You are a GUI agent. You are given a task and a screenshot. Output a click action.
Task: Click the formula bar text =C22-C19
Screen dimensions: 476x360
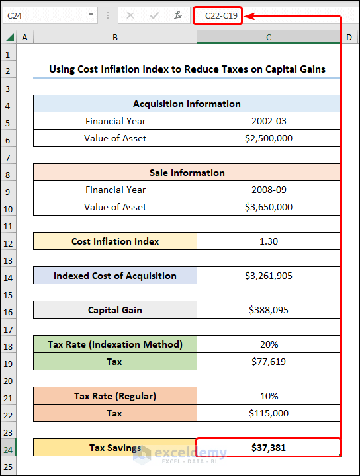218,15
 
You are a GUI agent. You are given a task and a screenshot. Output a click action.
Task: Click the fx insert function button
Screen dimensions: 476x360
178,15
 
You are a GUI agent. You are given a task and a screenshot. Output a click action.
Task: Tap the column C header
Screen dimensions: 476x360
269,38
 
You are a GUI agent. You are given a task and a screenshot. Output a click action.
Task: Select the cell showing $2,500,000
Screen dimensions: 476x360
269,138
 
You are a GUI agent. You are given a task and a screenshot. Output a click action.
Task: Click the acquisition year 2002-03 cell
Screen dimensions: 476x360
269,121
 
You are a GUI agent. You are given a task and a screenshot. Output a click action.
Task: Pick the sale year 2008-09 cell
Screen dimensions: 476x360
269,190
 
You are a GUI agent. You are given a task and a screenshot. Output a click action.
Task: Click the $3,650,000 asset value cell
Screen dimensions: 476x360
269,207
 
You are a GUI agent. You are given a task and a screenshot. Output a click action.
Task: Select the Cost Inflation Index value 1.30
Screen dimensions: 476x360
269,241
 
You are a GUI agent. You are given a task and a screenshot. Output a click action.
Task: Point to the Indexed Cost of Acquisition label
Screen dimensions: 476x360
115,276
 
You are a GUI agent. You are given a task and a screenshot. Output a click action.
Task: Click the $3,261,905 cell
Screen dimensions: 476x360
269,276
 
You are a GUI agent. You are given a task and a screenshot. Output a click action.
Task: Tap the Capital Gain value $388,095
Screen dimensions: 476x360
269,310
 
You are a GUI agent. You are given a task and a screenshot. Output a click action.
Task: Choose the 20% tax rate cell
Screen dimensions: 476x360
269,344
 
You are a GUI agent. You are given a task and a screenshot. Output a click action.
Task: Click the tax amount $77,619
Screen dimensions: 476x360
269,362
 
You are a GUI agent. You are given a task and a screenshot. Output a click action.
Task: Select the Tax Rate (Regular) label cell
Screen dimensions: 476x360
115,396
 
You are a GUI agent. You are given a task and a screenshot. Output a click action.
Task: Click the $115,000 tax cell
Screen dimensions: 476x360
269,413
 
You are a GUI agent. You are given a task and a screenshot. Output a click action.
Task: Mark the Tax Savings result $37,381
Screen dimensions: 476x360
269,448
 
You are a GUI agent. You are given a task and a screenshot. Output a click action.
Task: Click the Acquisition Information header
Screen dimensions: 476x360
187,104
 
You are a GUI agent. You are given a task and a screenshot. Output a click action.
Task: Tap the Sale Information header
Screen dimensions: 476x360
187,173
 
